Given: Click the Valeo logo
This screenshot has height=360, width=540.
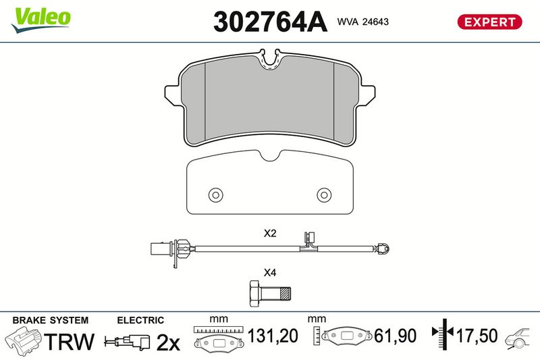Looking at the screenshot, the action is tap(40, 20).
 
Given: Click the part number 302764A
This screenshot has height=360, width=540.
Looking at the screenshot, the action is tap(270, 22).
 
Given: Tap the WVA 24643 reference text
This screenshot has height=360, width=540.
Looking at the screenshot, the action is tap(362, 22).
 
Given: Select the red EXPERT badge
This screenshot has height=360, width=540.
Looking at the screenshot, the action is tap(489, 22).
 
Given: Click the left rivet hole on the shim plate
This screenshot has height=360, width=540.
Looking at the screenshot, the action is tap(215, 195).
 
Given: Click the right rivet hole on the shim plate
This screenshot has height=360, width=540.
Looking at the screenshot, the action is tap(324, 195).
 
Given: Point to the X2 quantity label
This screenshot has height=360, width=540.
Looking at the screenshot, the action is tap(270, 233).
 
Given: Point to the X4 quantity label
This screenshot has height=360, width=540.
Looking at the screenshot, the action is tap(270, 273).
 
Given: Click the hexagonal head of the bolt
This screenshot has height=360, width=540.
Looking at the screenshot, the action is tap(255, 294).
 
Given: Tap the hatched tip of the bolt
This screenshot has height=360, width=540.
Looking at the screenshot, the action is tap(286, 294).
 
